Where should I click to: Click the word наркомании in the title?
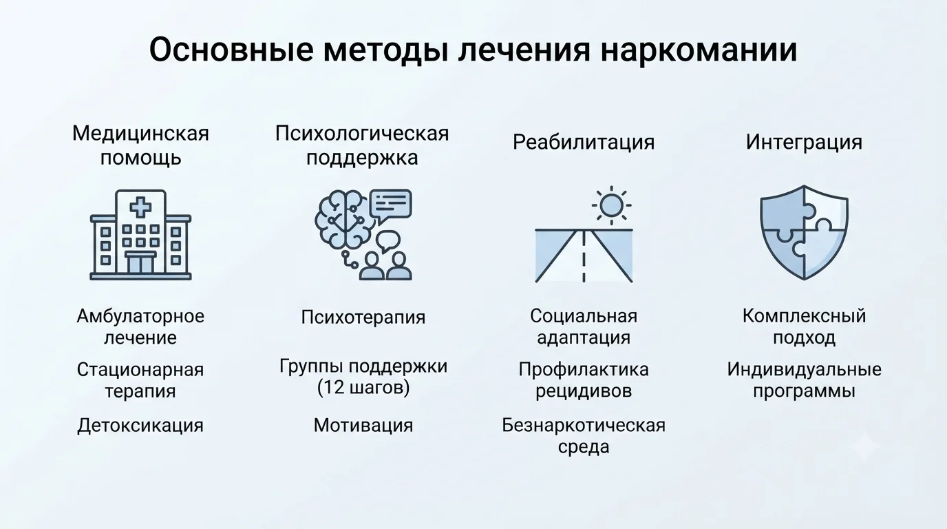[699, 50]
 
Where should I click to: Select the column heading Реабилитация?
[584, 143]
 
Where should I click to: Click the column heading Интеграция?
[804, 142]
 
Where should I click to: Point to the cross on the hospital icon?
[140, 207]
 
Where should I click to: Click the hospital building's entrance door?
[140, 263]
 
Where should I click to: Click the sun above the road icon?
[611, 205]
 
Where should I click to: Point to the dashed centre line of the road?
[584, 256]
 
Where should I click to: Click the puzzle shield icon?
[804, 232]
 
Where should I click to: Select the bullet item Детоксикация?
[140, 425]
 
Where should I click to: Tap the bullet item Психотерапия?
[363, 317]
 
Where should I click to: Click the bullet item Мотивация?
[363, 425]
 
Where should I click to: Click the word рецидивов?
[584, 391]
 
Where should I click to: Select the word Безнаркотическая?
[584, 425]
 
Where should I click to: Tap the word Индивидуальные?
[804, 369]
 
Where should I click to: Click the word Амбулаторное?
[140, 317]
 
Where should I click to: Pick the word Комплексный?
[804, 316]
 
